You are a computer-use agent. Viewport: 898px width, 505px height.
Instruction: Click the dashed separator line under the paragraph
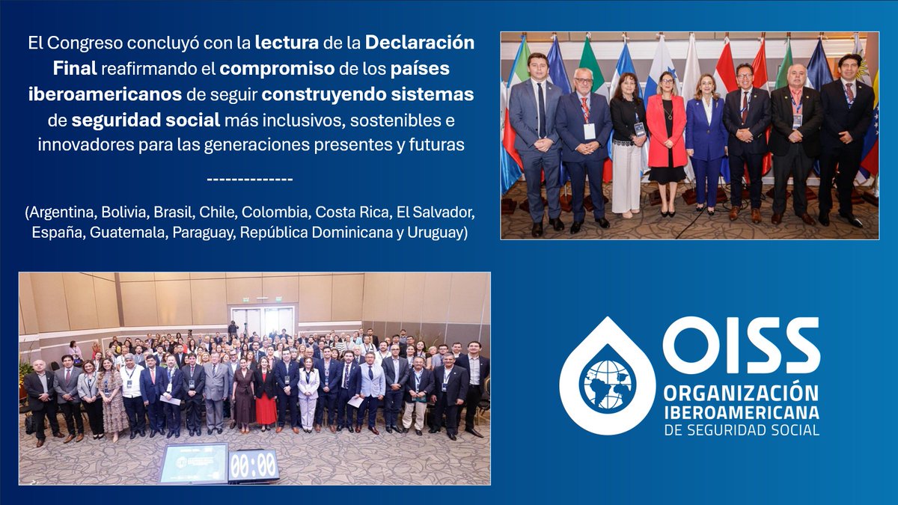[248, 179]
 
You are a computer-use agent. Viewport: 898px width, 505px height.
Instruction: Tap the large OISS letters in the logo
[741, 345]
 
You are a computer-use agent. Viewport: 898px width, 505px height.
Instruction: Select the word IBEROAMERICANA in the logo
[740, 412]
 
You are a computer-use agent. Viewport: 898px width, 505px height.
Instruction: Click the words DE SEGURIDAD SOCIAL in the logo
[740, 429]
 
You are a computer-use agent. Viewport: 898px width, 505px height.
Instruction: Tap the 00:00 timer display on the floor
[253, 465]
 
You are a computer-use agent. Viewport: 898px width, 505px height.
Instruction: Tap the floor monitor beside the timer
[193, 463]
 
